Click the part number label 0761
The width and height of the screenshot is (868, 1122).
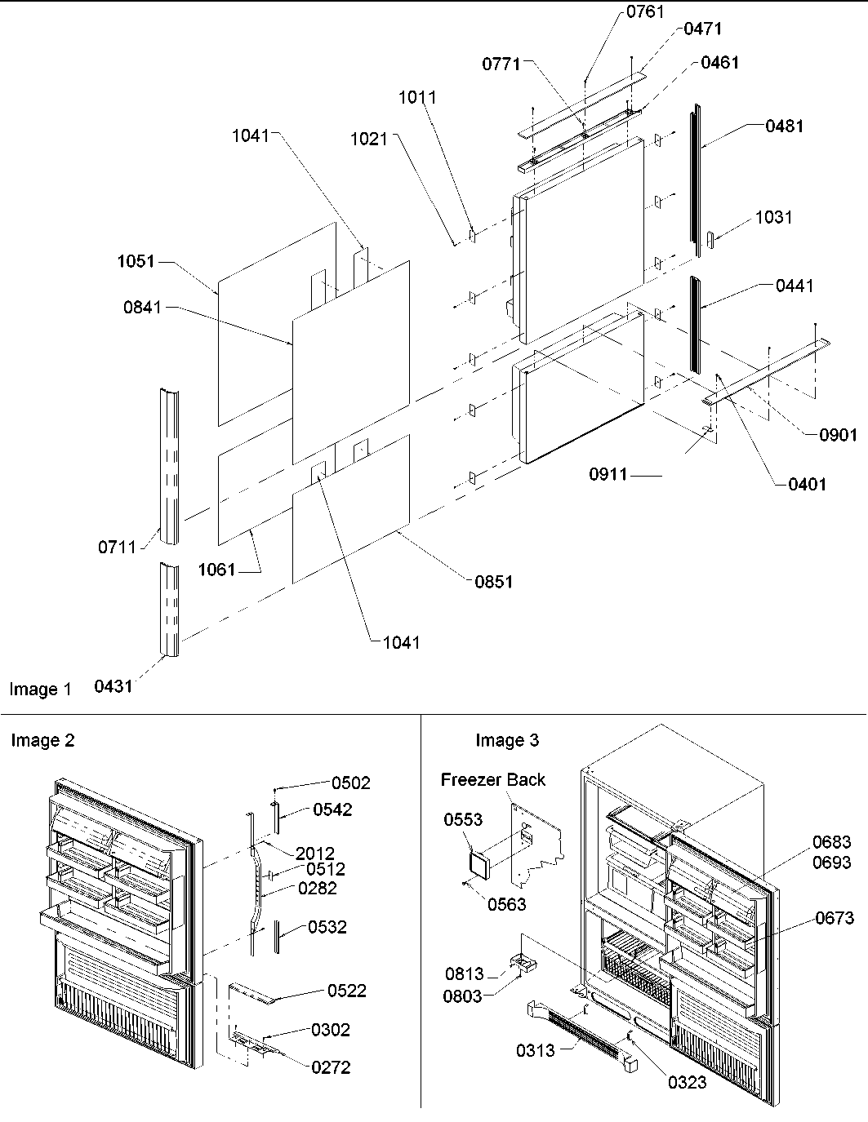coord(645,11)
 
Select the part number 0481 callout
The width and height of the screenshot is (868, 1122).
coord(784,126)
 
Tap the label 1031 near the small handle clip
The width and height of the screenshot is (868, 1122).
coord(773,217)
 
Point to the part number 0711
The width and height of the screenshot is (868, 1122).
coord(118,547)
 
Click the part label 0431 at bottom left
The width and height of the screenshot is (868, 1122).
coord(113,686)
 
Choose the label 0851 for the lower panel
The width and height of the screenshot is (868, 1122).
coord(494,582)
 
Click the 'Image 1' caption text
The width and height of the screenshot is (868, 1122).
coord(41,690)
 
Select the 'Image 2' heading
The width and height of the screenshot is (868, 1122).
coord(42,740)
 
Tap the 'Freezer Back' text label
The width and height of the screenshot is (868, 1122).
coord(493,779)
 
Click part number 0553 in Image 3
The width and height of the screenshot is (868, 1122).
coord(463,819)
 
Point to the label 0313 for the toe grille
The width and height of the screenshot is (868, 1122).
coord(535,1050)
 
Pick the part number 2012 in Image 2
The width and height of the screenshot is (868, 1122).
coord(315,854)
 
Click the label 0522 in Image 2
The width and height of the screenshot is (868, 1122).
coord(347,991)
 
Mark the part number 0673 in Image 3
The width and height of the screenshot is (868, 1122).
coord(834,918)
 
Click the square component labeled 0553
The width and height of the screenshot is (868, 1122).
coord(478,860)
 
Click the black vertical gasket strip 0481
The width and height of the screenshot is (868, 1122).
coord(697,180)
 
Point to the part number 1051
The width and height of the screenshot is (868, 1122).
coord(135,262)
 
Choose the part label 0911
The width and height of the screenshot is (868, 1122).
coord(608,473)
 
